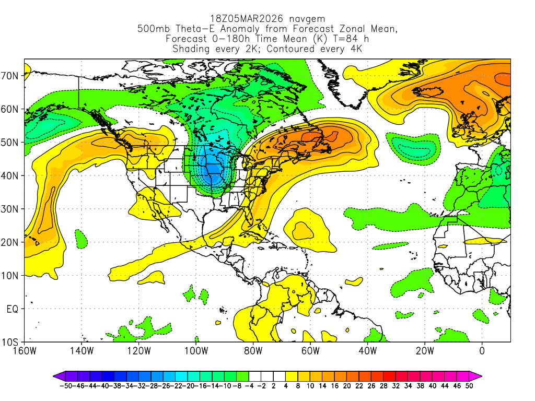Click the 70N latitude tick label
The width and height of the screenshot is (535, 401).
pos(11,76)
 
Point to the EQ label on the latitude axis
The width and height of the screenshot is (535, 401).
pos(13,309)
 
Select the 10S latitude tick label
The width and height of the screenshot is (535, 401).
pos(11,343)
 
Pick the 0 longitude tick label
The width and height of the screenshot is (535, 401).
pos(482,350)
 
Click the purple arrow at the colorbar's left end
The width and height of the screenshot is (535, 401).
pos(58,375)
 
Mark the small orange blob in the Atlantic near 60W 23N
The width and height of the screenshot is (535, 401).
pos(302,229)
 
